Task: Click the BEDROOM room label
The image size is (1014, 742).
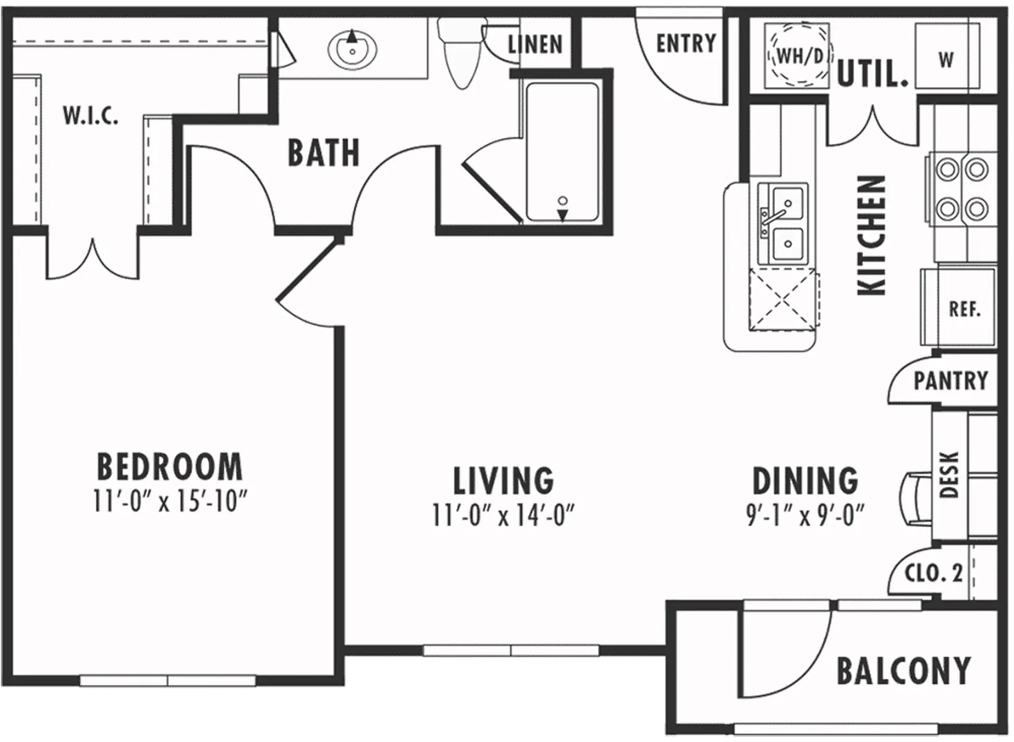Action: click(x=170, y=467)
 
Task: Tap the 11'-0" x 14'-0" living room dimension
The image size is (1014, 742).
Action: click(x=504, y=515)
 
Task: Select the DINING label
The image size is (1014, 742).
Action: click(x=805, y=481)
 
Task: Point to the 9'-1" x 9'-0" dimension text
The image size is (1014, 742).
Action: click(x=805, y=515)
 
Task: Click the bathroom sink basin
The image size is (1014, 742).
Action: click(x=352, y=48)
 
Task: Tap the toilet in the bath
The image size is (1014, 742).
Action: click(x=460, y=53)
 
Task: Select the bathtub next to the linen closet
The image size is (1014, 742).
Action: click(x=562, y=151)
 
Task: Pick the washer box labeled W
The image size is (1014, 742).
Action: click(x=947, y=59)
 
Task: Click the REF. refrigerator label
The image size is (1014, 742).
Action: click(x=965, y=309)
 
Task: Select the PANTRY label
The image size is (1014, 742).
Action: click(x=950, y=380)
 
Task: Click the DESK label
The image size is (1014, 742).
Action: click(x=949, y=475)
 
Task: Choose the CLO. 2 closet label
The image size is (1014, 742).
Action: click(x=933, y=573)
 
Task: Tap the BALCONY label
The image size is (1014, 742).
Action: click(x=903, y=671)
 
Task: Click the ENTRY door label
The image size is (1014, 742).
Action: click(x=686, y=43)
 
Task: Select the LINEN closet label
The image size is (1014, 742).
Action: click(x=535, y=45)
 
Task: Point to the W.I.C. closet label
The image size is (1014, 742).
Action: click(x=91, y=116)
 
